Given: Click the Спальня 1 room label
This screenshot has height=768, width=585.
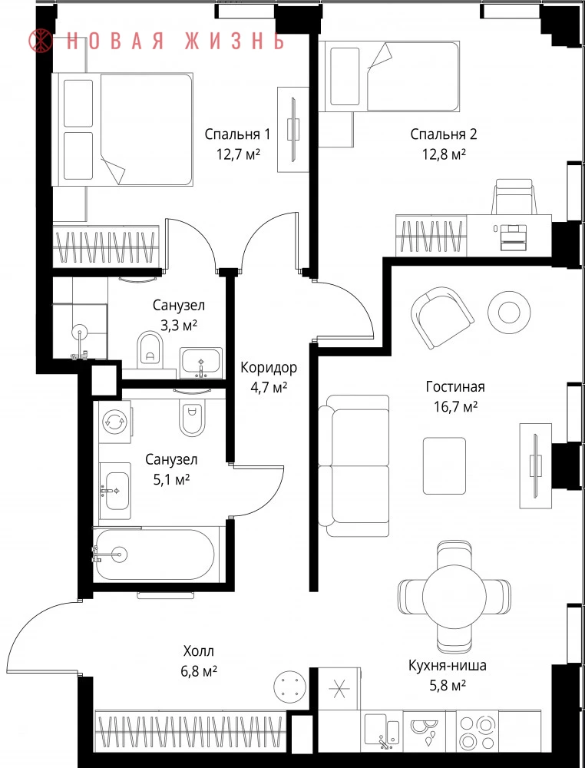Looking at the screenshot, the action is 237,134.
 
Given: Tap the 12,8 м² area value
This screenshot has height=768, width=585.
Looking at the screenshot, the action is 444,155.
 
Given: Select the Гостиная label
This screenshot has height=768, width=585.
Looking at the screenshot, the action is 455,387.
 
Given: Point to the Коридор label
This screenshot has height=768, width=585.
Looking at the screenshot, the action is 268,367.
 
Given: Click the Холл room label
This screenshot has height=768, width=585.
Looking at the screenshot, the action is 199,651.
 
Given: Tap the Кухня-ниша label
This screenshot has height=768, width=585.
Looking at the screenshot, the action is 448,666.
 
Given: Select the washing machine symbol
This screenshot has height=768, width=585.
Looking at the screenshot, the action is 115,422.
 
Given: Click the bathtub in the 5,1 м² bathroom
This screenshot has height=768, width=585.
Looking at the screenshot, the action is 154,554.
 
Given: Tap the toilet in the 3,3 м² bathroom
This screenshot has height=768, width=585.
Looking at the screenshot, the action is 150,348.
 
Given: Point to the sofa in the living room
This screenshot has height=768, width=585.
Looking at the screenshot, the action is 354,465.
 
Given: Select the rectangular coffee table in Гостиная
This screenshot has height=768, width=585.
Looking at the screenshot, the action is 445,465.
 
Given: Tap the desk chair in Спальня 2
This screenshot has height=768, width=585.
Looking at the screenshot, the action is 513,197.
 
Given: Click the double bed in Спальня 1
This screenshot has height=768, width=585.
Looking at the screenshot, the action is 122,129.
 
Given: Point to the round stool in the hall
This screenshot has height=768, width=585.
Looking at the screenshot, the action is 289,686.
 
